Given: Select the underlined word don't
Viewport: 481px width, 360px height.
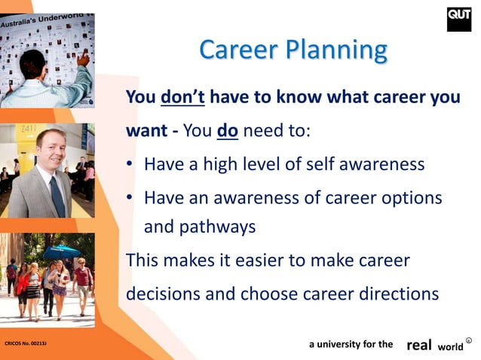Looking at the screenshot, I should click(x=181, y=98).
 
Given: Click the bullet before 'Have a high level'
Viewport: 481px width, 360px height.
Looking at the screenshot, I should click(x=130, y=164).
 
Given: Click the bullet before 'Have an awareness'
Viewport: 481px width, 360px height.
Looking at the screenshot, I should click(x=130, y=197).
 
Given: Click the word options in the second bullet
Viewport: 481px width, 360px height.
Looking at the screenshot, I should click(x=414, y=197).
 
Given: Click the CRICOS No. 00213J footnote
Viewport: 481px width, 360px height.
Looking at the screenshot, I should click(x=25, y=343).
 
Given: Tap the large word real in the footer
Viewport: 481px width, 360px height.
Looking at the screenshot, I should click(x=419, y=344).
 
